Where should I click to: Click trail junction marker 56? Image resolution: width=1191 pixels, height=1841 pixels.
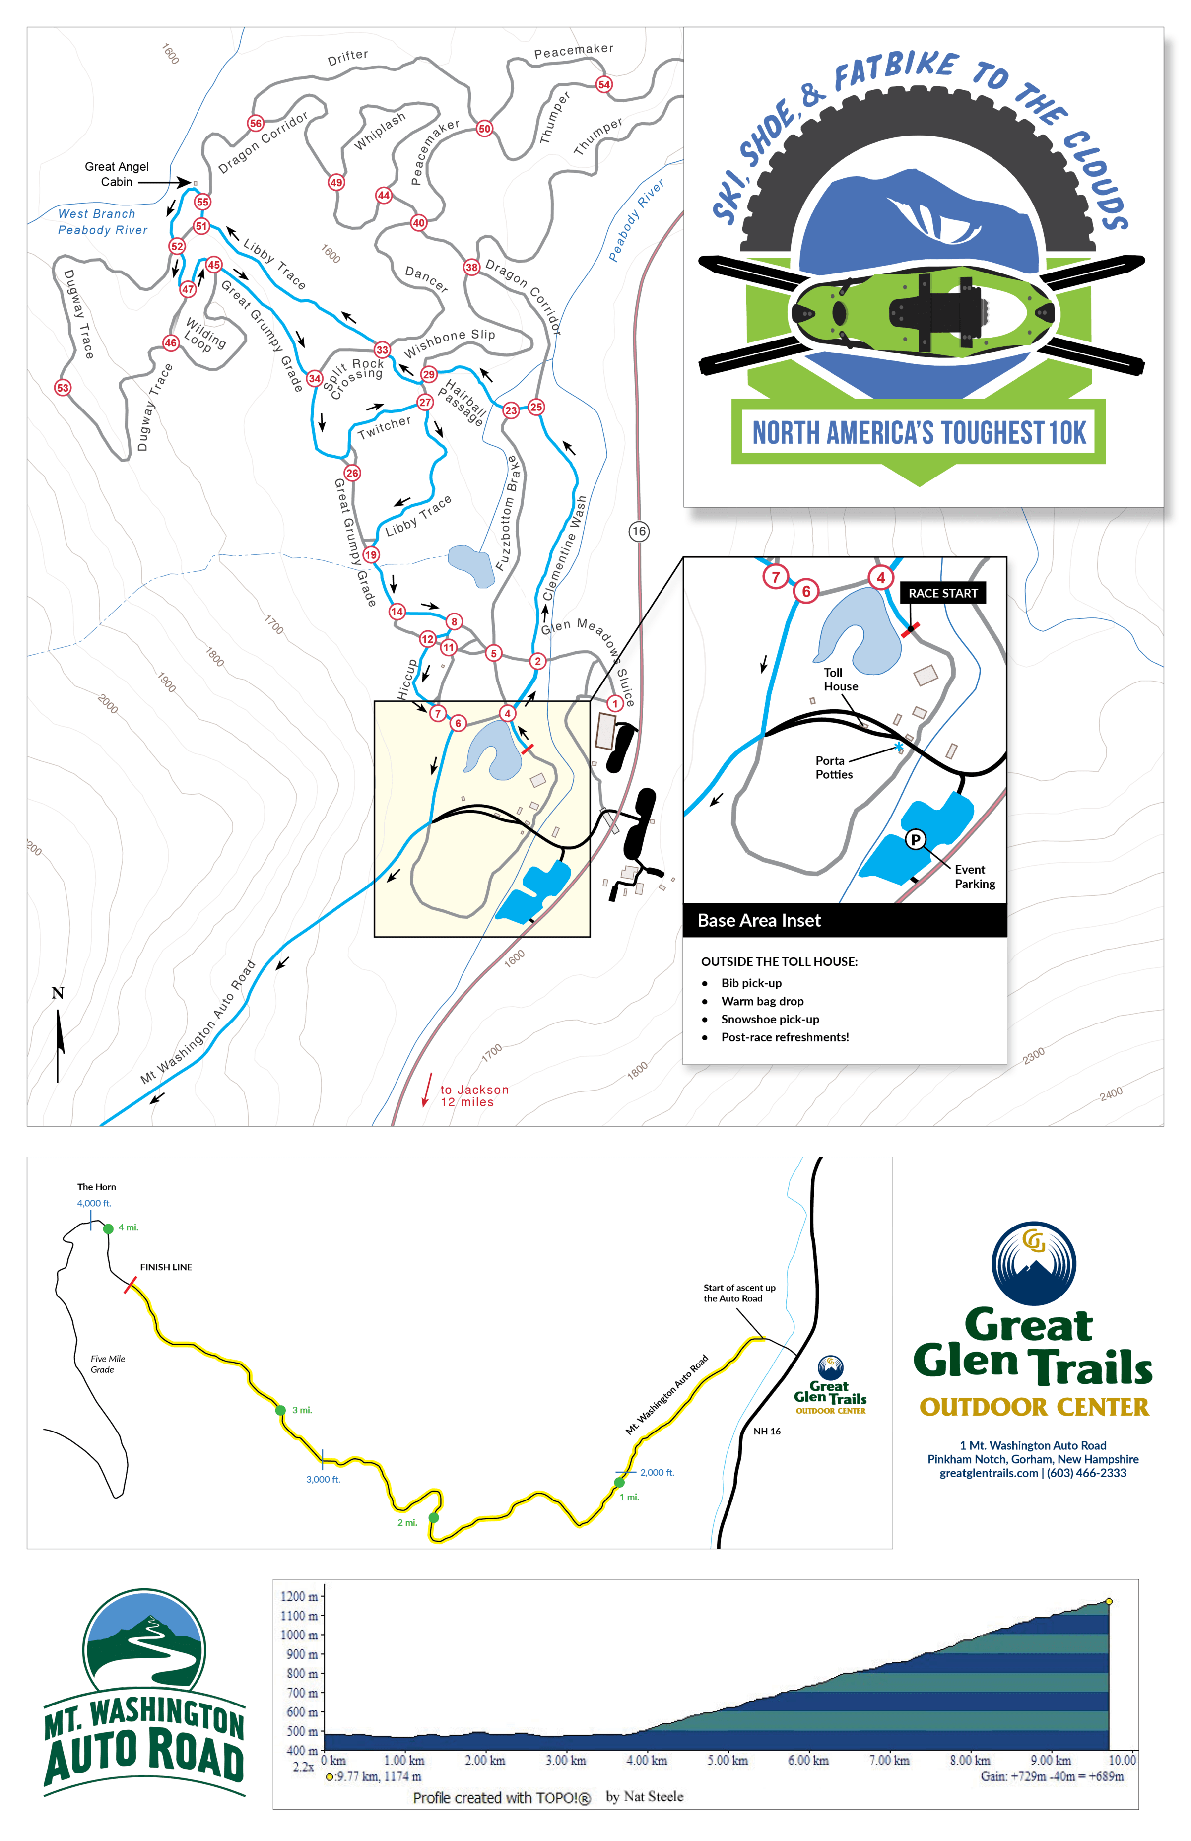255,123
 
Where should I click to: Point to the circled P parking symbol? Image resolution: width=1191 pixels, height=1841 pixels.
915,839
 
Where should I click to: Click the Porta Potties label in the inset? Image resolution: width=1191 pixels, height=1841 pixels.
834,767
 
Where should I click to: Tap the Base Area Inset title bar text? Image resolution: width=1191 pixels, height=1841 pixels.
759,920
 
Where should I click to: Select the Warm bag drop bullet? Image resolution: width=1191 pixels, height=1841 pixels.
762,1001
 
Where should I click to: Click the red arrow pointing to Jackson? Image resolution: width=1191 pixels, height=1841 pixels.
426,1090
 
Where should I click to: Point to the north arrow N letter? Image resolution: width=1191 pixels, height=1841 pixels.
57,993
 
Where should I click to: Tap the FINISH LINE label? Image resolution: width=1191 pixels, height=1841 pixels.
166,1267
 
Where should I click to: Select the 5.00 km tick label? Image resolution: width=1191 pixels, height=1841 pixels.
727,1761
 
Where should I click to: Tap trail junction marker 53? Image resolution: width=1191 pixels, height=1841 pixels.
63,388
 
